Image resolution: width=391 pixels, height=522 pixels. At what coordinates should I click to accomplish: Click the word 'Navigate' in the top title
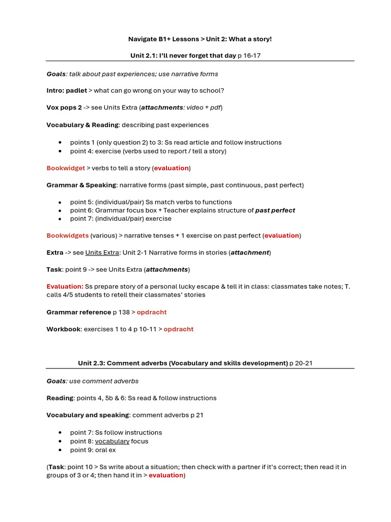(x=142, y=39)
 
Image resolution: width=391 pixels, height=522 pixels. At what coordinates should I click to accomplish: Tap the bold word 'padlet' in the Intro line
(x=76, y=91)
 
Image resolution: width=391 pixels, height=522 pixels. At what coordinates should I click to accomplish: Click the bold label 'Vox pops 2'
(x=64, y=108)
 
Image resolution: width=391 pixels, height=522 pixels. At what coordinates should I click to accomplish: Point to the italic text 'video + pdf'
(x=203, y=108)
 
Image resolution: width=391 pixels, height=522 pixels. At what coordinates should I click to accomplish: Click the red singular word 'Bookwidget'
(x=66, y=168)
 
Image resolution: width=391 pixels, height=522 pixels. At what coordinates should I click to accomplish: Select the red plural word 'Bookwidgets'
(x=67, y=236)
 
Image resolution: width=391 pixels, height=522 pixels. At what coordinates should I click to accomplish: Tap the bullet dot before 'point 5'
(x=61, y=202)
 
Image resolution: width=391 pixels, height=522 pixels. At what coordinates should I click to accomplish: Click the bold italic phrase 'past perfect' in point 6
(x=275, y=211)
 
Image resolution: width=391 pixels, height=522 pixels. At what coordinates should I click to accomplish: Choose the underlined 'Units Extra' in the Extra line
(x=102, y=252)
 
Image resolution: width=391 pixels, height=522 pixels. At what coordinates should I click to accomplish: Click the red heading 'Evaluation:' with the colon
(x=65, y=286)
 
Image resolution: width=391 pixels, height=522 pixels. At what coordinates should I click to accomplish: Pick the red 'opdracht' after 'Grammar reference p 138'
(x=151, y=312)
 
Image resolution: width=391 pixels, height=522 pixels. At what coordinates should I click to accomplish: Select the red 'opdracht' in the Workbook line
(x=178, y=329)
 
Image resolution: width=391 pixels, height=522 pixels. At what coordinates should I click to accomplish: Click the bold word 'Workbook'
(x=63, y=329)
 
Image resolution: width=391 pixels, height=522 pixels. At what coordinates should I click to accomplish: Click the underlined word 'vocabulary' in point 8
(x=112, y=441)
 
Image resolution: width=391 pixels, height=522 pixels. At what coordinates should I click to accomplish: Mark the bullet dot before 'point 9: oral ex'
(x=61, y=450)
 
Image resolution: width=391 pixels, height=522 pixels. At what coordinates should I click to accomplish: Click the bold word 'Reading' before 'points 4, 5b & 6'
(x=60, y=398)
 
